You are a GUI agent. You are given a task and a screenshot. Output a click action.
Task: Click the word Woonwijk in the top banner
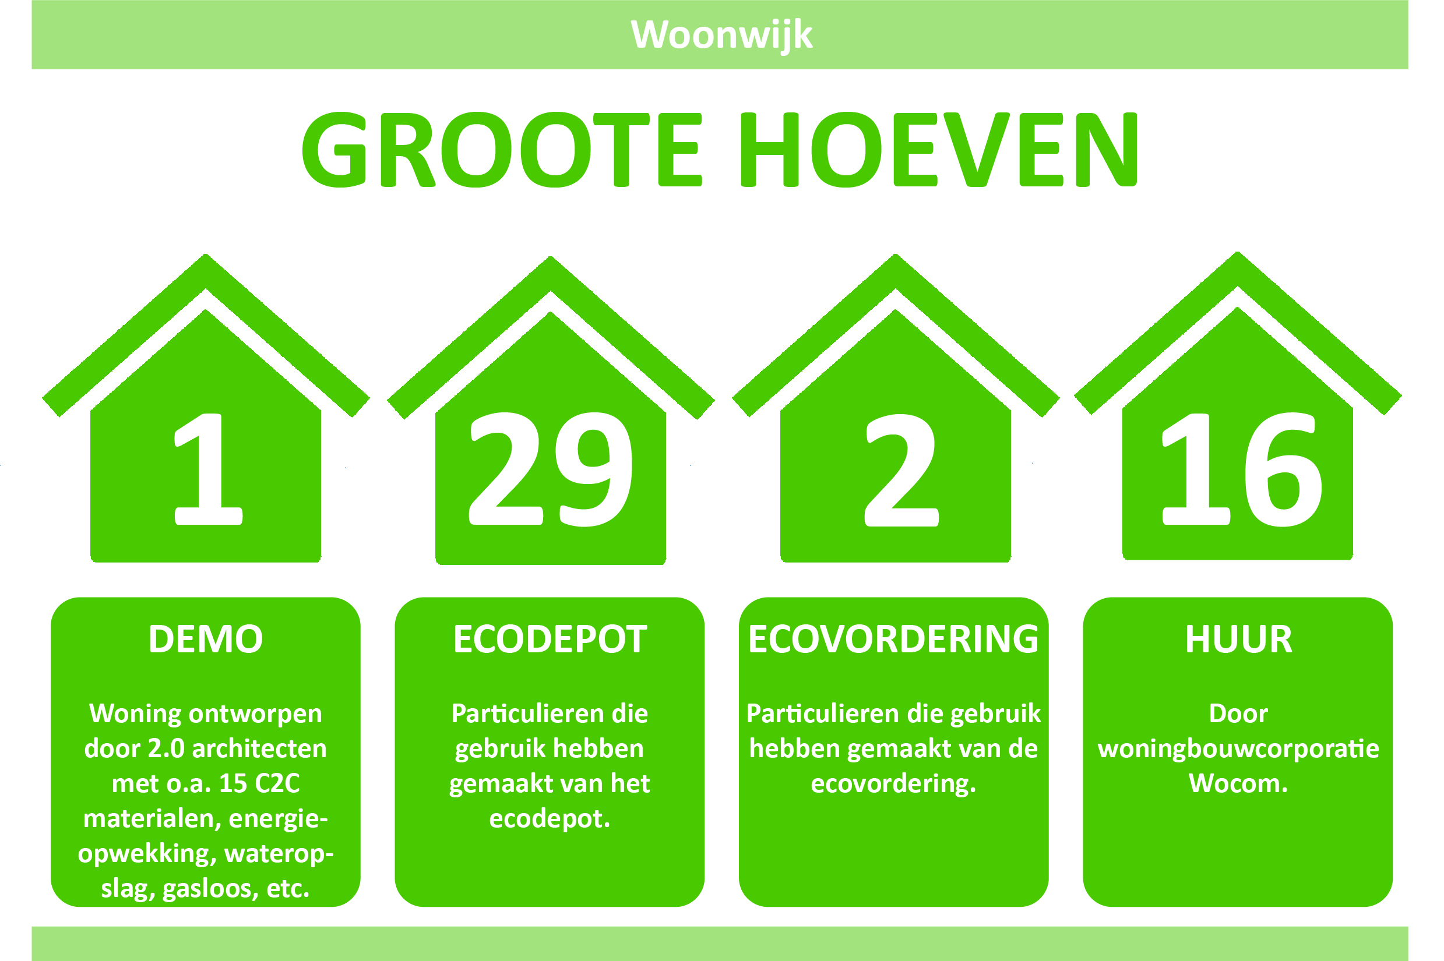(x=721, y=35)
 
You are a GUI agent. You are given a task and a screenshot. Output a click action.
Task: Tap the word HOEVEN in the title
(x=938, y=150)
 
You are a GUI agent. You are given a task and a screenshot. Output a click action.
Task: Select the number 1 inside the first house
(x=209, y=469)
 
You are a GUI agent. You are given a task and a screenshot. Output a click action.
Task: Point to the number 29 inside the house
(x=551, y=469)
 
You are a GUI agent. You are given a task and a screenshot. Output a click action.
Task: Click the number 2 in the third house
(x=901, y=471)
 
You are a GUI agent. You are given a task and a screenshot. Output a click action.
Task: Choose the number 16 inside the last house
(x=1243, y=469)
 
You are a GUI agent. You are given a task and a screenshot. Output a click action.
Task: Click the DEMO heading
(x=205, y=640)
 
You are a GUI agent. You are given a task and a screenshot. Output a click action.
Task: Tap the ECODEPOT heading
(x=550, y=640)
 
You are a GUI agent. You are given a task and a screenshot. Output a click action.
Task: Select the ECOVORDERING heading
(x=893, y=640)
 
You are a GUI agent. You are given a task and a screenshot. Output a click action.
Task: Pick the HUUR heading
(x=1239, y=640)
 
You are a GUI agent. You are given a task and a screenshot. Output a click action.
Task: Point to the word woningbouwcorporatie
(x=1239, y=749)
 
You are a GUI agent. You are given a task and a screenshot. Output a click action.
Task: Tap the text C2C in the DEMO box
(x=277, y=783)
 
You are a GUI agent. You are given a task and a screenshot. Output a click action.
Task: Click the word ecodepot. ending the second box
(x=550, y=819)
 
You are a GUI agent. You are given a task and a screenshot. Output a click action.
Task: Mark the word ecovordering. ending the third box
(x=893, y=784)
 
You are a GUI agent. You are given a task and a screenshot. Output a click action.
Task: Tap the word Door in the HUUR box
(x=1238, y=714)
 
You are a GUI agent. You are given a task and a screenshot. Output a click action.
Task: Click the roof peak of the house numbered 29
(x=551, y=257)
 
